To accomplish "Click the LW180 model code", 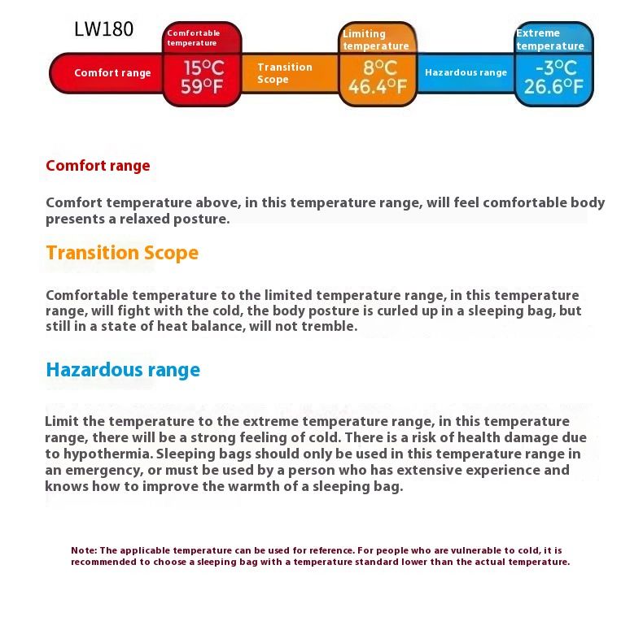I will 103,30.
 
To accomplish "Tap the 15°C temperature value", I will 202,67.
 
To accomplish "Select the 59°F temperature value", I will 202,86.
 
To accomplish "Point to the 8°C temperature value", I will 379,67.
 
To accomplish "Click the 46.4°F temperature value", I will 378,86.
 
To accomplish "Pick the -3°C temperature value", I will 556,67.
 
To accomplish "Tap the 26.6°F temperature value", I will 553,86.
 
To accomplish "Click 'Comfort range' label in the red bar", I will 112,73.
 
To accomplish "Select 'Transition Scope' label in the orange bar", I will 284,73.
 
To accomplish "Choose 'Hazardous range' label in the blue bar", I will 466,73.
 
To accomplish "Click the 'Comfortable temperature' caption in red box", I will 194,38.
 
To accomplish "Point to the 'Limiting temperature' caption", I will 374,40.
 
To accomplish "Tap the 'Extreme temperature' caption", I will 549,40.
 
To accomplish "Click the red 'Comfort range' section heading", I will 98,166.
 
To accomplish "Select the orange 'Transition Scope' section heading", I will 122,253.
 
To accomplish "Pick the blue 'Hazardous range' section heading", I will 123,370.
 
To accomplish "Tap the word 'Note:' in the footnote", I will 84,550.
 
